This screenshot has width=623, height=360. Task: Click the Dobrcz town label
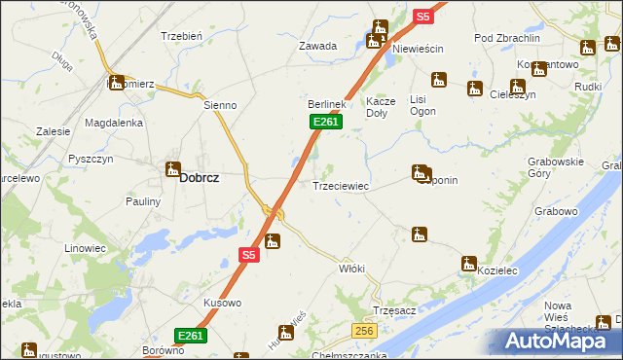pyautogui.click(x=200, y=178)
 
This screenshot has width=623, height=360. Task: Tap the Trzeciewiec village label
pyautogui.click(x=340, y=185)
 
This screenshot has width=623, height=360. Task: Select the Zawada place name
pyautogui.click(x=317, y=46)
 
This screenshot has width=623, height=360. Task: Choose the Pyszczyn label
pyautogui.click(x=92, y=158)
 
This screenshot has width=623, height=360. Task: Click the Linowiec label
pyautogui.click(x=85, y=248)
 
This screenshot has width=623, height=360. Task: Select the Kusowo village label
pyautogui.click(x=222, y=303)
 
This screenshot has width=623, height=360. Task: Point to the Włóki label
pyautogui.click(x=350, y=268)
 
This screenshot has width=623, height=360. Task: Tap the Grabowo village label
pyautogui.click(x=556, y=210)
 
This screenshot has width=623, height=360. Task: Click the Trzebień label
pyautogui.click(x=181, y=36)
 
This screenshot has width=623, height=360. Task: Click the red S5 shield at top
pyautogui.click(x=422, y=17)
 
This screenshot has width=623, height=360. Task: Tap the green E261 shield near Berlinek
pyautogui.click(x=326, y=121)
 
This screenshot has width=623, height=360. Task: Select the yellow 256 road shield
pyautogui.click(x=364, y=332)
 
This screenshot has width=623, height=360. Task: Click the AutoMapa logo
pyautogui.click(x=562, y=342)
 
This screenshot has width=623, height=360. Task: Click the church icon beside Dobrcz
pyautogui.click(x=173, y=169)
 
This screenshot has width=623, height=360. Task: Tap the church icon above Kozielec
pyautogui.click(x=468, y=263)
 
